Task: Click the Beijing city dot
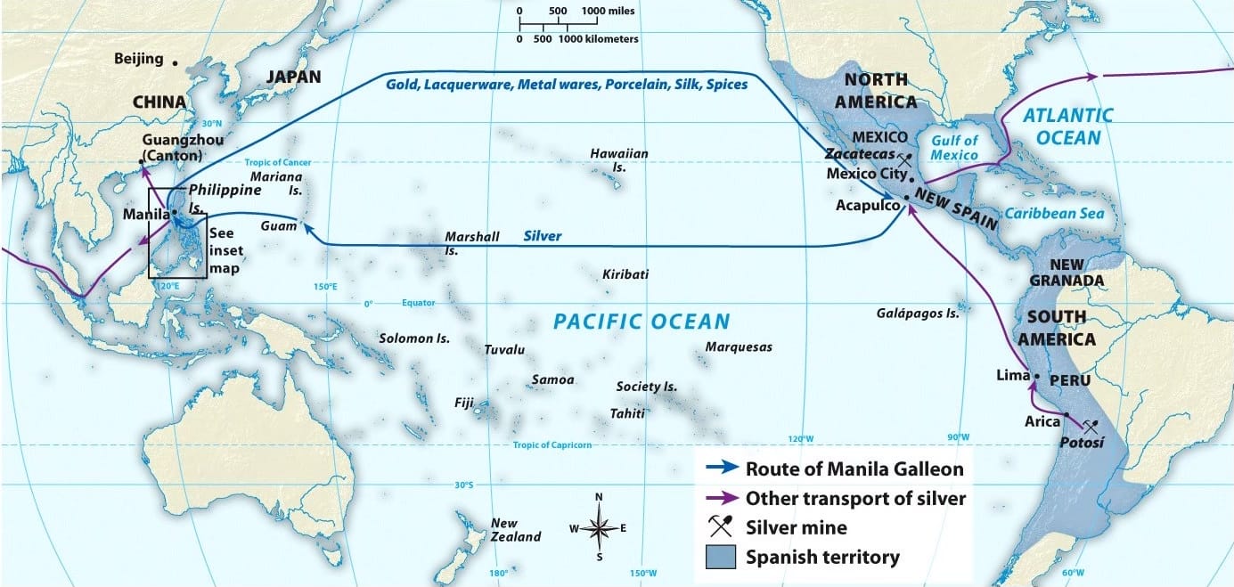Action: click(176, 63)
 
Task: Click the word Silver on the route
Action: click(542, 236)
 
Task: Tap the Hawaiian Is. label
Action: click(619, 160)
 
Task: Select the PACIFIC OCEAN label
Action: click(642, 322)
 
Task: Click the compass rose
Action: click(599, 527)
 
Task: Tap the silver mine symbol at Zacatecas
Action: click(903, 161)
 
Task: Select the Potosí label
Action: click(1082, 442)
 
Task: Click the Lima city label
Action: click(1013, 376)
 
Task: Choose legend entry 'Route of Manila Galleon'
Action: click(854, 469)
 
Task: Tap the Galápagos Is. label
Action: click(917, 313)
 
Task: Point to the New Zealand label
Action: click(515, 530)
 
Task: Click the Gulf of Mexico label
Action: click(953, 148)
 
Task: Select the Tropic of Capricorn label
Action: click(552, 445)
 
